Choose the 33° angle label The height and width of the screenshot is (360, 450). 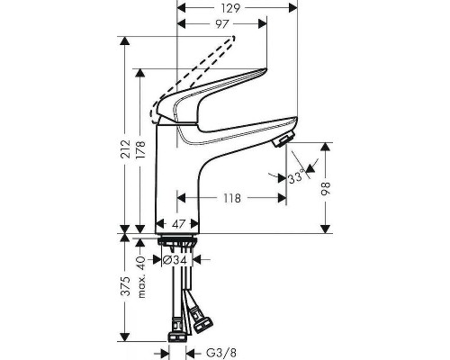pyautogui.click(x=293, y=178)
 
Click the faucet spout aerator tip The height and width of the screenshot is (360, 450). pyautogui.click(x=283, y=139)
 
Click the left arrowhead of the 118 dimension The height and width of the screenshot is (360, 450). pyautogui.click(x=180, y=198)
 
